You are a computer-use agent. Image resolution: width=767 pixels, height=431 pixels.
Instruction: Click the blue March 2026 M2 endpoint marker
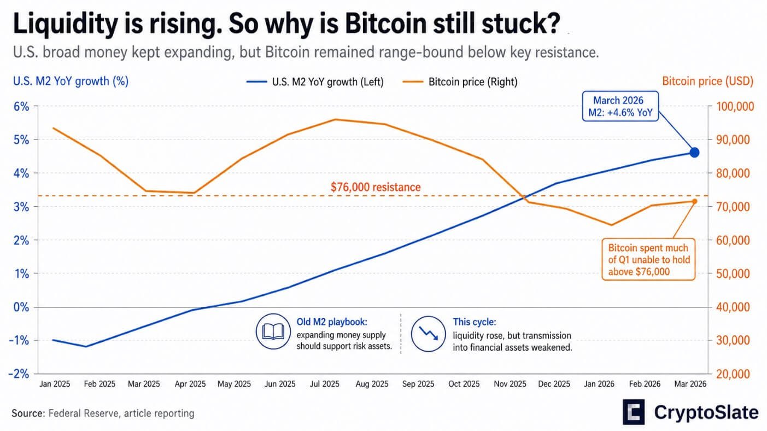point(694,153)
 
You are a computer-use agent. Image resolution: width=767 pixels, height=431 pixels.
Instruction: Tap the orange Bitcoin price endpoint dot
point(694,201)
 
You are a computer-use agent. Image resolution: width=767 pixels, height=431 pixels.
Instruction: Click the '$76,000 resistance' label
point(376,187)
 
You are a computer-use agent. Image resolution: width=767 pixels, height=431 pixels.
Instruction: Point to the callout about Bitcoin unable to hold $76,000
point(648,260)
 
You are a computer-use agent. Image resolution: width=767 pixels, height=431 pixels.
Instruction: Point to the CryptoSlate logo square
point(634,411)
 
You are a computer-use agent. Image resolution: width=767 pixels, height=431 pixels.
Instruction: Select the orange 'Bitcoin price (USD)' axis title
point(707,81)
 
